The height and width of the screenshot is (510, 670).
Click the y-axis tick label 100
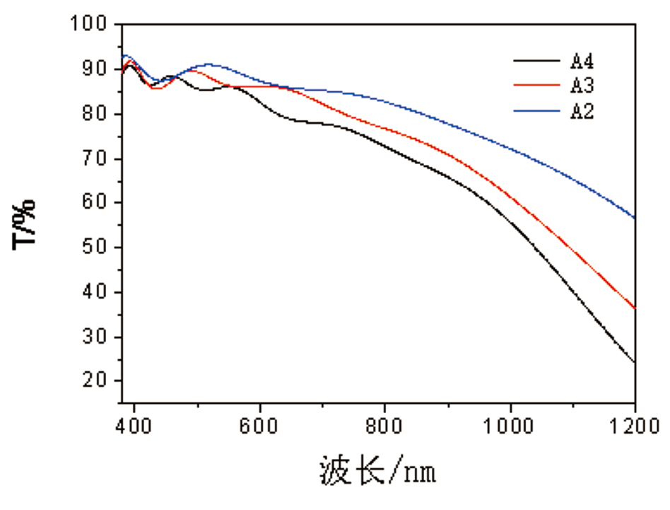[94, 25]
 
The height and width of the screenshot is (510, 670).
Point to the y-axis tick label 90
[99, 69]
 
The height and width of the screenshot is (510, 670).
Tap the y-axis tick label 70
[99, 158]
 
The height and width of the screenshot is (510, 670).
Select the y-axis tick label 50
[99, 248]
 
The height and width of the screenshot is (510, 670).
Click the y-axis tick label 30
[99, 337]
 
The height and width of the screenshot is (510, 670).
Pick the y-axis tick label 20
[99, 381]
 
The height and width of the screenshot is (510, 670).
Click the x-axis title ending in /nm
[377, 470]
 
